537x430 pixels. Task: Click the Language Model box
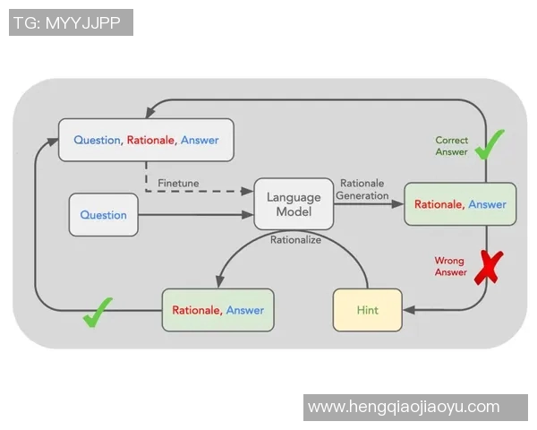pos(294,204)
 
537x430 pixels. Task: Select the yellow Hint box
pos(367,310)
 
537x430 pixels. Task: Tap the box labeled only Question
pos(104,215)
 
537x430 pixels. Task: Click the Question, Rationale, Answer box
pos(146,140)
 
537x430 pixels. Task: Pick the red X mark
pos(488,267)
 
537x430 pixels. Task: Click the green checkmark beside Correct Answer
pos(489,144)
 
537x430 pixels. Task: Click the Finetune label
pos(178,183)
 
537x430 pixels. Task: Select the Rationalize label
pos(295,239)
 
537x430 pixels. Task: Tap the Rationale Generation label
pos(362,189)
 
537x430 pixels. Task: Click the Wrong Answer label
pos(450,266)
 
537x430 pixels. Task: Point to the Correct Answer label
pos(452,146)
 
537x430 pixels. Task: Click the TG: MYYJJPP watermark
pos(71,22)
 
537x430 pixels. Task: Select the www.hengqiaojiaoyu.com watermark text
pos(415,407)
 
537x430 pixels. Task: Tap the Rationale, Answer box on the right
pos(460,204)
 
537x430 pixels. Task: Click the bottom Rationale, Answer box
pos(217,310)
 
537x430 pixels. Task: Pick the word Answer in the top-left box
pos(200,140)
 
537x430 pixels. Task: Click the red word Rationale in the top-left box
pos(150,140)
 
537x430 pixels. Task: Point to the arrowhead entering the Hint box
pos(408,310)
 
